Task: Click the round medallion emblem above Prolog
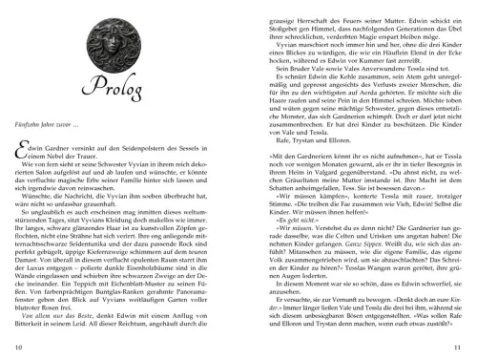click(x=114, y=37)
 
